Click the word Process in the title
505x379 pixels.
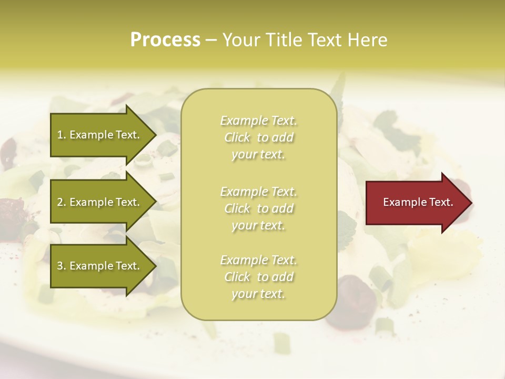click(x=165, y=40)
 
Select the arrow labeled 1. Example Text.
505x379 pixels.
click(x=100, y=135)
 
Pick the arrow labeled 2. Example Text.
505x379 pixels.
click(x=100, y=202)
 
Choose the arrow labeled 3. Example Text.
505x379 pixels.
click(x=100, y=266)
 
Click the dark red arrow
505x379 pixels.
click(x=416, y=203)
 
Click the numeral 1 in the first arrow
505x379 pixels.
click(x=60, y=135)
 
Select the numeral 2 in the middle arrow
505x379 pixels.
click(x=60, y=202)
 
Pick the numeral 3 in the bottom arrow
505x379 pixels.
click(x=60, y=266)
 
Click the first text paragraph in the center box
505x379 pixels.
click(x=258, y=137)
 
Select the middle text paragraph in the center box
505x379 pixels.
click(x=258, y=208)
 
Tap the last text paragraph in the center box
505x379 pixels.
click(x=258, y=277)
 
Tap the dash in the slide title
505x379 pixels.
click(x=211, y=40)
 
